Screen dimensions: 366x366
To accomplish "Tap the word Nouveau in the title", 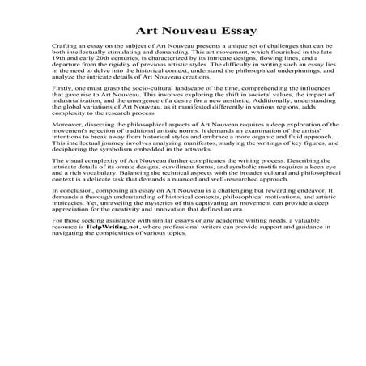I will pyautogui.click(x=178, y=32).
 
